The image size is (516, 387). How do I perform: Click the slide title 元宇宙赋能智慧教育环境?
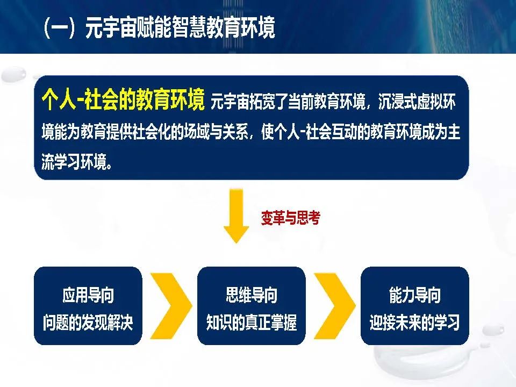click(180, 27)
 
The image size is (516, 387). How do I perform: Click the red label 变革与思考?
click(291, 218)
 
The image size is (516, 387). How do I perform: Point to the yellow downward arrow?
click(236, 216)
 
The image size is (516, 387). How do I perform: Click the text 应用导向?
click(88, 295)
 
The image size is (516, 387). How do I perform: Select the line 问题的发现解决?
click(88, 322)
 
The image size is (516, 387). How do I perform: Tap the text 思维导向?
click(252, 295)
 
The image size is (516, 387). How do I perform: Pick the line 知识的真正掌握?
click(252, 322)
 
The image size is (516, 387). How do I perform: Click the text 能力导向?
click(414, 295)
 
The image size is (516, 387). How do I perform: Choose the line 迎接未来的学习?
click(414, 322)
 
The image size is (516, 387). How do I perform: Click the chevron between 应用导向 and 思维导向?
click(171, 306)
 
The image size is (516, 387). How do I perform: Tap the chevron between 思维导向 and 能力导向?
click(335, 306)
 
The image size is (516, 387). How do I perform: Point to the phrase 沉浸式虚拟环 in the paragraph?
click(417, 102)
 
